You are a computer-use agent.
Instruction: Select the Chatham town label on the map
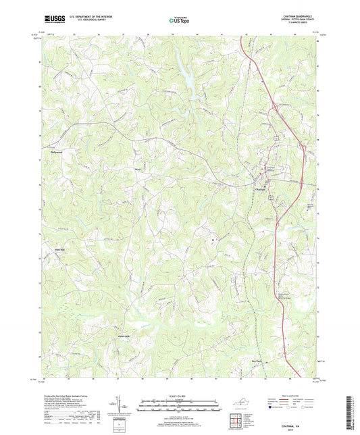click(262, 188)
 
